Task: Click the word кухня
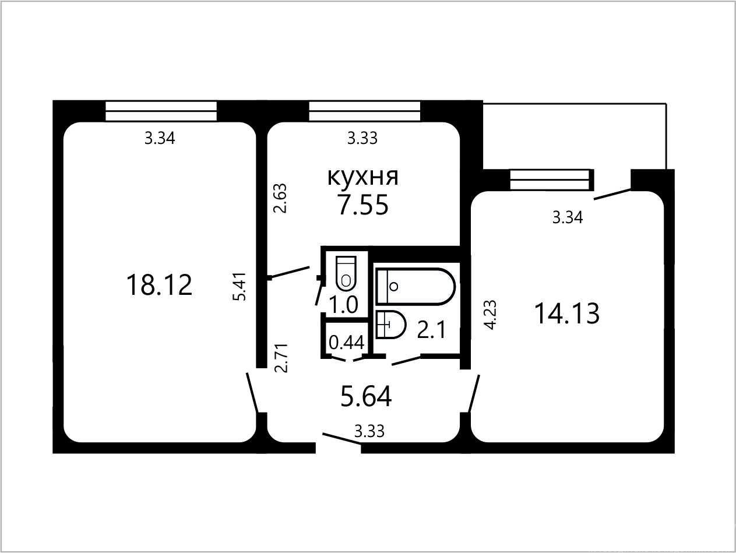coord(363,177)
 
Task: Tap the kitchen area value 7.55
coord(363,205)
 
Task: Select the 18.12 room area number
coord(159,284)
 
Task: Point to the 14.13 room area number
coord(566,314)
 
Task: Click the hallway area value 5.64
coord(366,396)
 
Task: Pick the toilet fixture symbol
coord(346,273)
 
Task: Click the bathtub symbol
coord(415,287)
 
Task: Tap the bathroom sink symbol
coord(391,325)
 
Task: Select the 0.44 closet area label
coord(346,343)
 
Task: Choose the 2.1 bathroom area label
coord(431,330)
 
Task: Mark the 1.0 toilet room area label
coord(344,305)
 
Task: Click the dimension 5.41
coord(241,287)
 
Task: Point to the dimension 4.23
coord(490,315)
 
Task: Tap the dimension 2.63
coord(280,198)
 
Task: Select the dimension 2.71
coord(281,358)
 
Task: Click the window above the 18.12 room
coord(161,111)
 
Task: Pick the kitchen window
coord(364,111)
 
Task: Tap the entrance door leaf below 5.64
coord(342,439)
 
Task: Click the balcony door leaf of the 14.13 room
coord(612,195)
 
